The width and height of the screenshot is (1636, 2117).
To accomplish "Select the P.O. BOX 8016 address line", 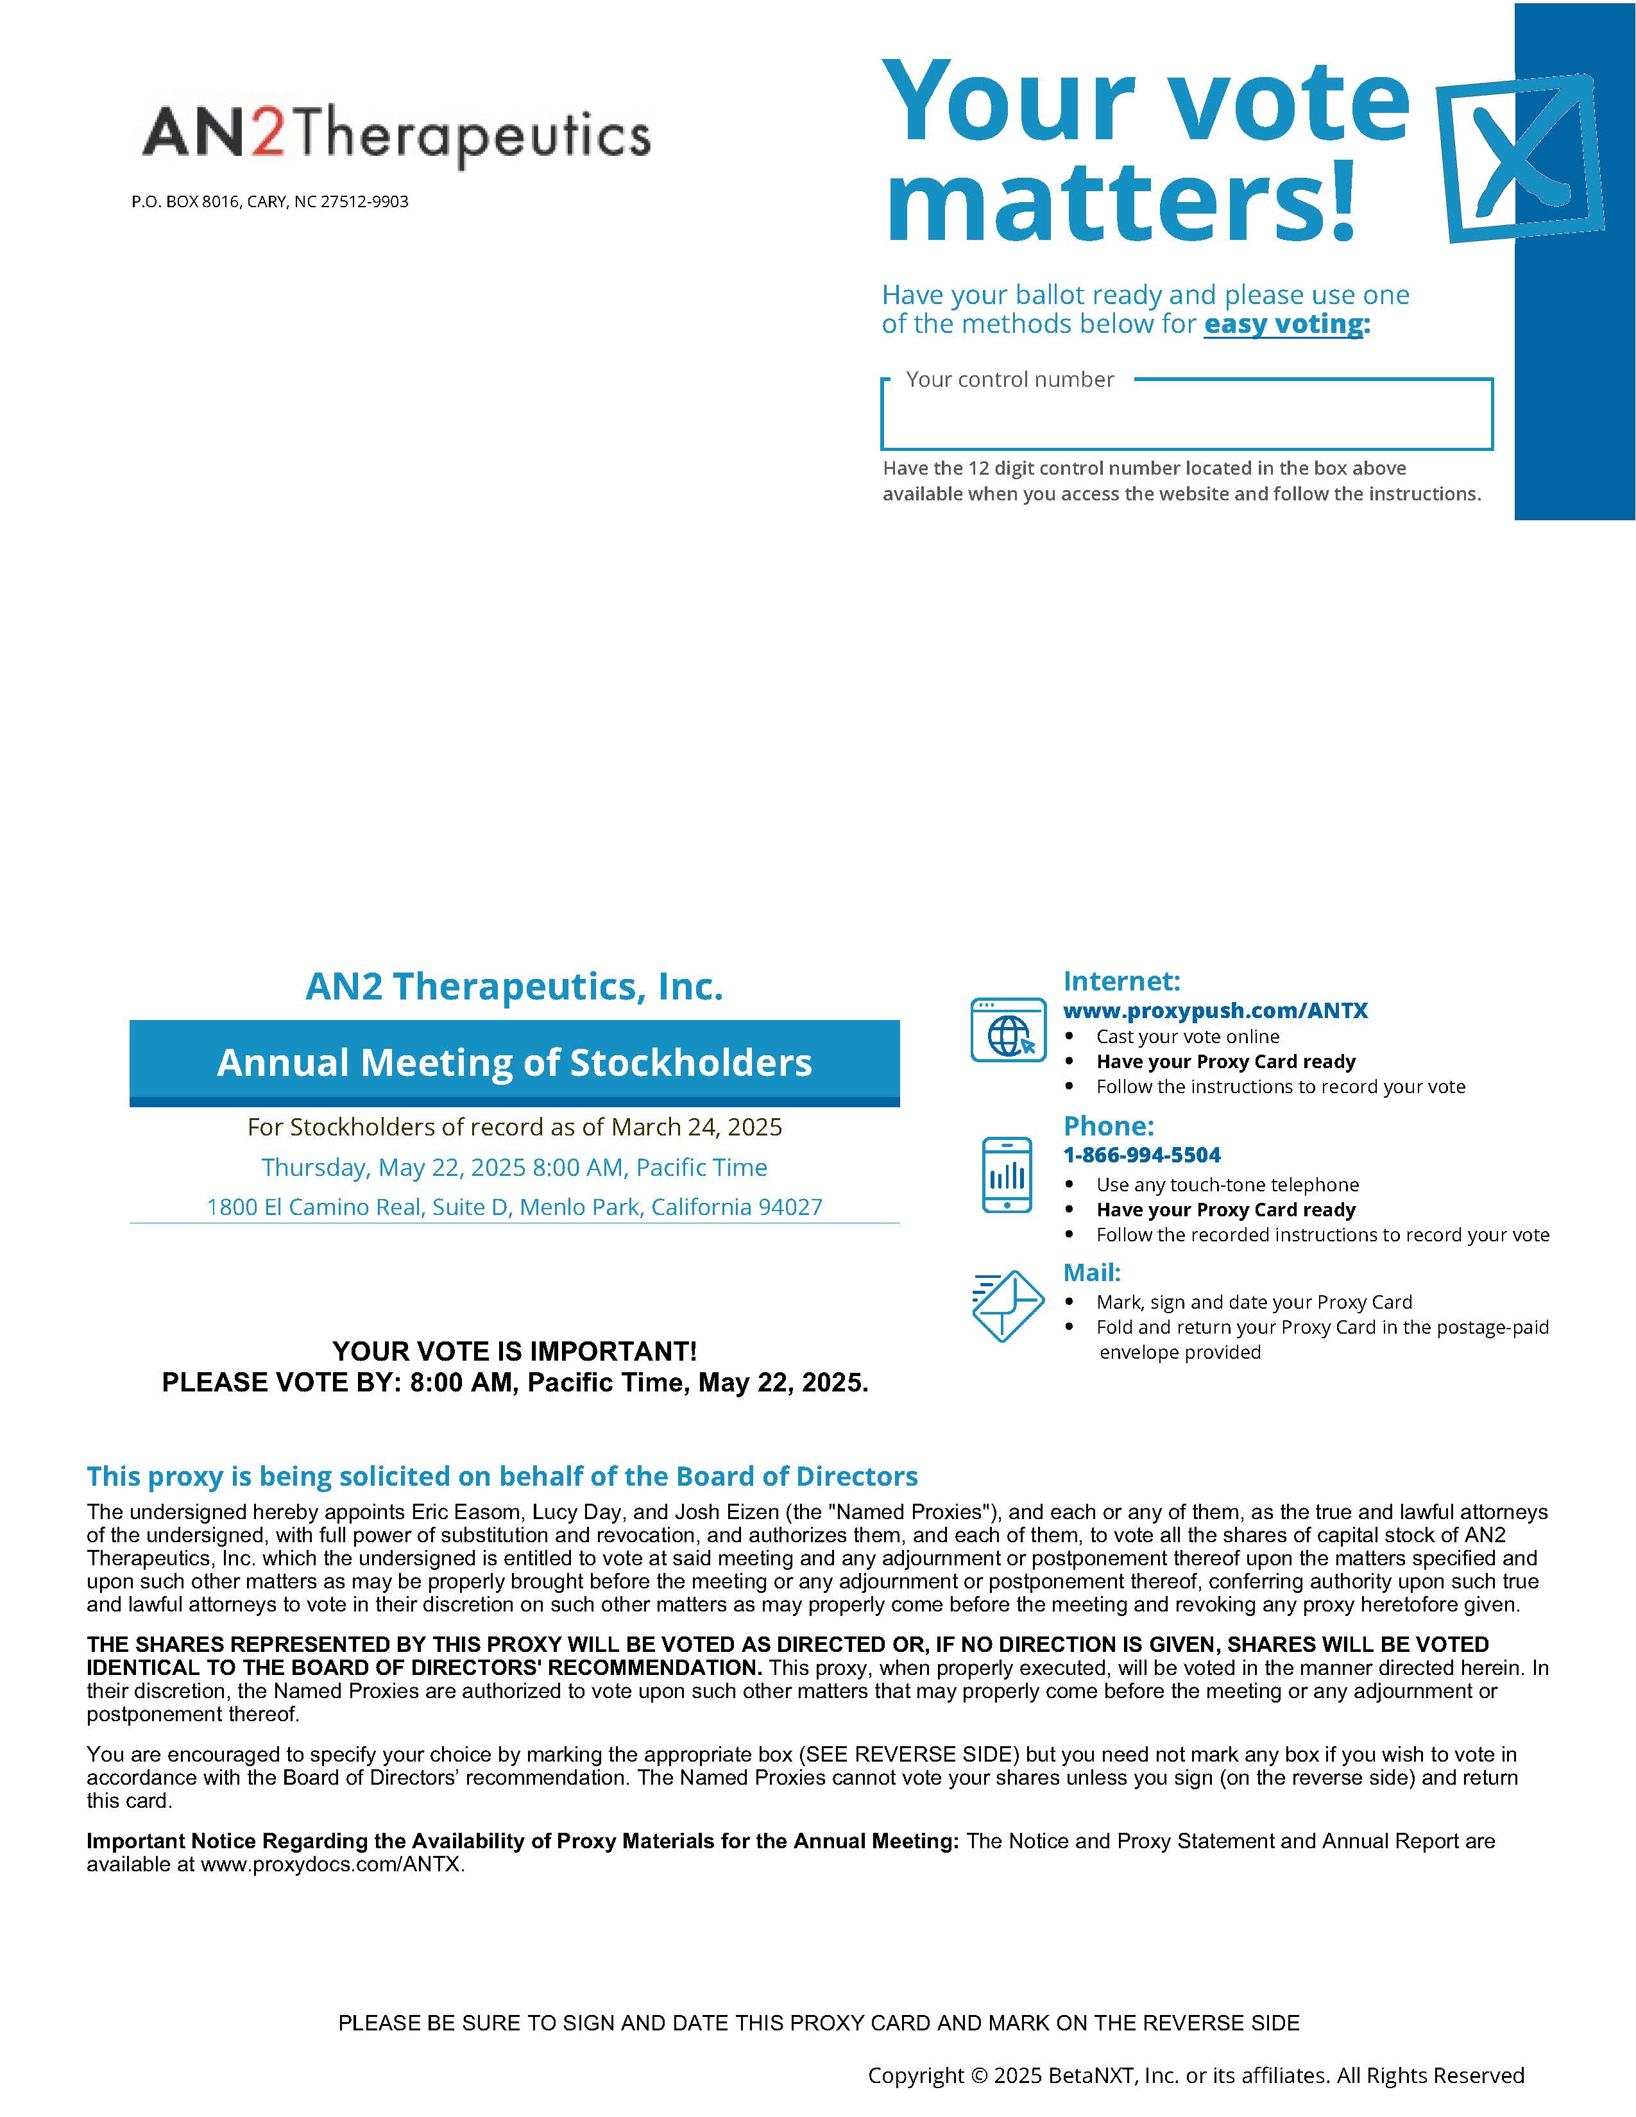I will pyautogui.click(x=269, y=201).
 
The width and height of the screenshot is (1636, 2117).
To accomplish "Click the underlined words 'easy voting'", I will pyautogui.click(x=1283, y=324).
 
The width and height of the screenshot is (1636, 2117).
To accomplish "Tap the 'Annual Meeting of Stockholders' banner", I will pyautogui.click(x=514, y=1062).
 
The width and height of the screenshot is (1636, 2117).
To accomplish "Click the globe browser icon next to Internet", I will pyautogui.click(x=1008, y=1030).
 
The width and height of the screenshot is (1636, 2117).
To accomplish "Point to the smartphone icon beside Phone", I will pyautogui.click(x=1007, y=1175).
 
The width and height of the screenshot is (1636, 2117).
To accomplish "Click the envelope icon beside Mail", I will pyautogui.click(x=1007, y=1305).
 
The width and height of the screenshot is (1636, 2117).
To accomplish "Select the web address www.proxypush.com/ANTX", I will pyautogui.click(x=1215, y=1011).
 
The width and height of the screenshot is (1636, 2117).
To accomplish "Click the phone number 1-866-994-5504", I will pyautogui.click(x=1142, y=1155).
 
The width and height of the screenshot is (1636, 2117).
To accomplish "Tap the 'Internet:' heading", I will pyautogui.click(x=1121, y=981).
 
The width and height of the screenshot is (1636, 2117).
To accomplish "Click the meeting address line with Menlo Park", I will pyautogui.click(x=514, y=1207).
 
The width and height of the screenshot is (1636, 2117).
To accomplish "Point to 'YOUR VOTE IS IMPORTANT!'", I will pyautogui.click(x=514, y=1351).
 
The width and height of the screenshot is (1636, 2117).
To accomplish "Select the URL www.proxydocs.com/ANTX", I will pyautogui.click(x=332, y=1865).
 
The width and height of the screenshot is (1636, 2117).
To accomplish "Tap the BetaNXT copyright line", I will pyautogui.click(x=1195, y=2075).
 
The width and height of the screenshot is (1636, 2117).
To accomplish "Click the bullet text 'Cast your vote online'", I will pyautogui.click(x=1188, y=1036).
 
